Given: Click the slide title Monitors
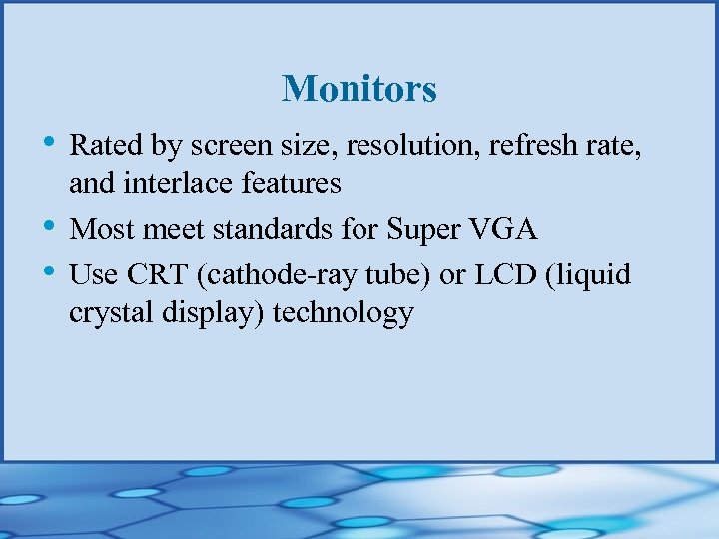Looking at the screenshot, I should (x=359, y=89).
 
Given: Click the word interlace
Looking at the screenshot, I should (x=171, y=184).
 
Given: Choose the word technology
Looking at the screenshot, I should (x=343, y=313).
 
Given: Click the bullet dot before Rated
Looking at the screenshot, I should (x=50, y=142).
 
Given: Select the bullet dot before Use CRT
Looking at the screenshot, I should (x=50, y=269).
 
